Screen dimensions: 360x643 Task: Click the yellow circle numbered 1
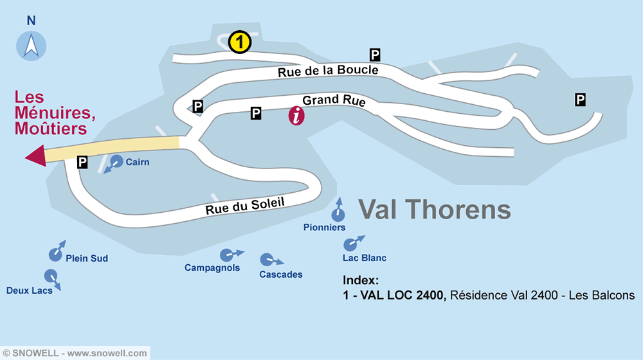pos(239,42)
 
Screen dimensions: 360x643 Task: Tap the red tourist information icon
pos(296,116)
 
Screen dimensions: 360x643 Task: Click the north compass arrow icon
pos(31,46)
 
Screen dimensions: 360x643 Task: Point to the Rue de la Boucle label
pos(328,71)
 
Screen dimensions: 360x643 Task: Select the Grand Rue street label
pos(334,101)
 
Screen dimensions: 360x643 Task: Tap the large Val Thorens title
pos(434,210)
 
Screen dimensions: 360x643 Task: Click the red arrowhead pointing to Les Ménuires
pos(35,156)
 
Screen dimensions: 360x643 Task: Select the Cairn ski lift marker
pos(116,161)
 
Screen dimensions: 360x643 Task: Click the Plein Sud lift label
pos(87,258)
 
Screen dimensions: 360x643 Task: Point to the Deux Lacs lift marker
pos(50,276)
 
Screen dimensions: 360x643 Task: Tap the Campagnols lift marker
pos(226,255)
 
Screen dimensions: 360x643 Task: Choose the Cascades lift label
pos(280,274)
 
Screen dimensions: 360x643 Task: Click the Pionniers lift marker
pos(337,214)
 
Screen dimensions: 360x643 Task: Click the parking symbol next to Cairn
pos(82,163)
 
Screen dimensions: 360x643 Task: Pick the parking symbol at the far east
pos(580,99)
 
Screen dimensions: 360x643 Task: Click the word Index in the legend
pos(361,281)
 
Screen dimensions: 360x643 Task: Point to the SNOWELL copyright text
pos(75,353)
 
